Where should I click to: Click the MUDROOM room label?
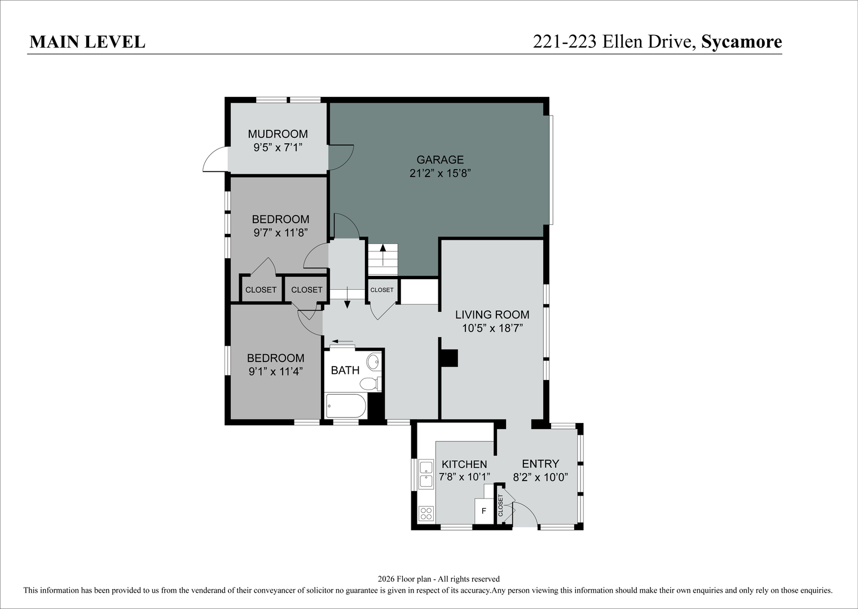point(278,134)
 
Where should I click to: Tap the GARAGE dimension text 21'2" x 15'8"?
point(440,174)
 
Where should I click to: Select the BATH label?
point(345,370)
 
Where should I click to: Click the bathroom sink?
point(373,361)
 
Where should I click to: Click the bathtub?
point(346,406)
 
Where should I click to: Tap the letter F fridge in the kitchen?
point(484,511)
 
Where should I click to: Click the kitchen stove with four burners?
point(426,513)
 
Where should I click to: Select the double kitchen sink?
point(426,474)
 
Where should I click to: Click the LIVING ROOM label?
point(492,315)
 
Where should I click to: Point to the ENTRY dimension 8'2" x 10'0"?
point(540,477)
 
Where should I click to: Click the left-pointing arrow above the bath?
point(342,341)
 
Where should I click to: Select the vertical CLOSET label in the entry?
point(500,505)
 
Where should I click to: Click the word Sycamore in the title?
point(742,42)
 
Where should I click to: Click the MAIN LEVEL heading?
point(87,42)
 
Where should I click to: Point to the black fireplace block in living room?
point(449,358)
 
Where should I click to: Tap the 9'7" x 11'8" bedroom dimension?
point(280,233)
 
